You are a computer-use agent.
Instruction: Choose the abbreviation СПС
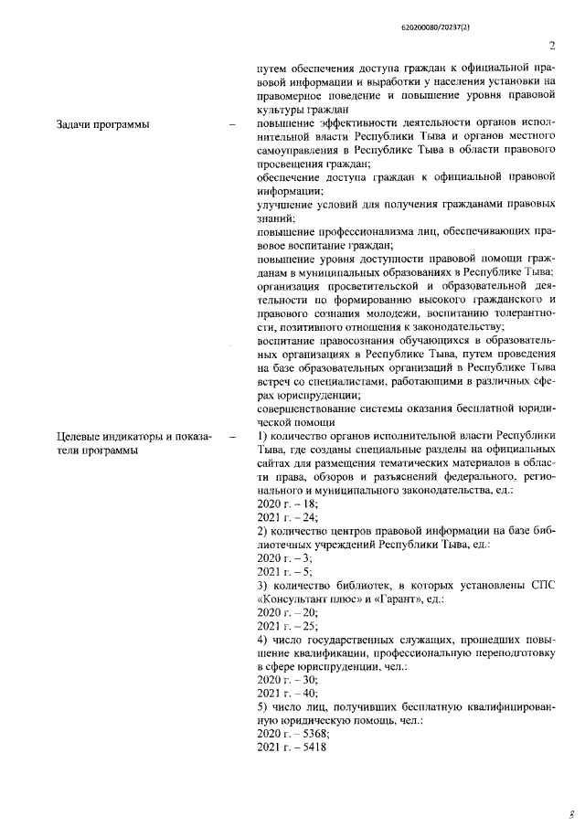[x=542, y=584]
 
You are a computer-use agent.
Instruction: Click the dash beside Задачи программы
[x=232, y=123]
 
